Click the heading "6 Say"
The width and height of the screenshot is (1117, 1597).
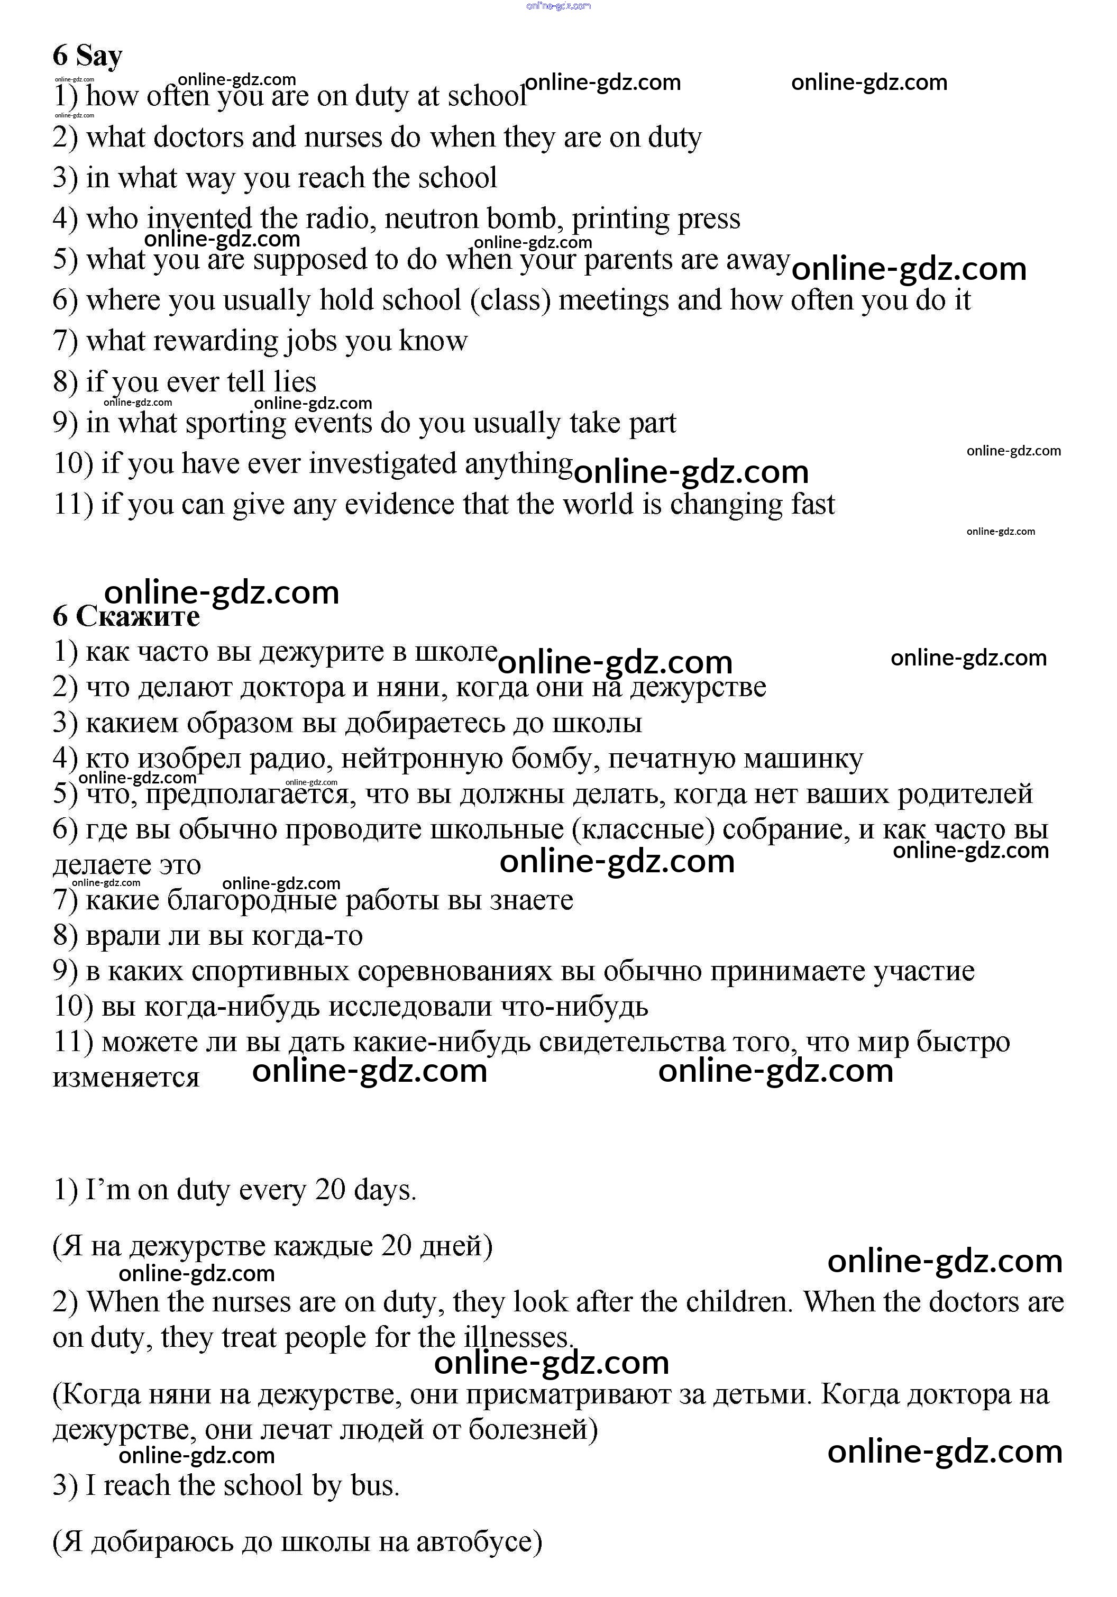(88, 56)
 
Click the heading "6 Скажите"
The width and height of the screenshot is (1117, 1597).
(126, 616)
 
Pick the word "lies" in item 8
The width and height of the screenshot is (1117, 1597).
(295, 382)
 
